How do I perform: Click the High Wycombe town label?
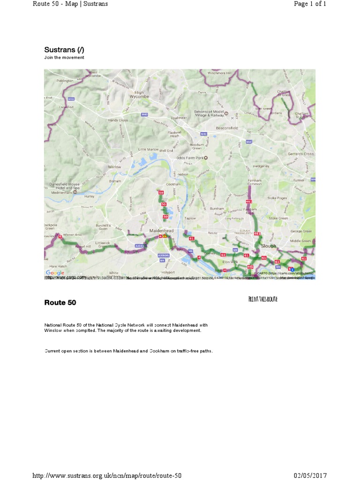(139, 95)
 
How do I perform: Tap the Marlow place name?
(115, 166)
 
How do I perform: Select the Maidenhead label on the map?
(161, 231)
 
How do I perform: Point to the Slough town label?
(269, 246)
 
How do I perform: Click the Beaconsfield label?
(227, 127)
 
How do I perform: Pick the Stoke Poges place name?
(277, 198)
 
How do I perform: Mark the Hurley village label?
(90, 197)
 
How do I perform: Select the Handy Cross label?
(118, 120)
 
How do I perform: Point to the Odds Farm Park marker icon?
(211, 158)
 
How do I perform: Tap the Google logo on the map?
(55, 273)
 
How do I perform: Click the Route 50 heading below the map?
(60, 302)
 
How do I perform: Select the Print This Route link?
(262, 299)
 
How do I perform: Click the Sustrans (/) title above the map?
(64, 50)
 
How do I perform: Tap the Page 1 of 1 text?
(309, 4)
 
